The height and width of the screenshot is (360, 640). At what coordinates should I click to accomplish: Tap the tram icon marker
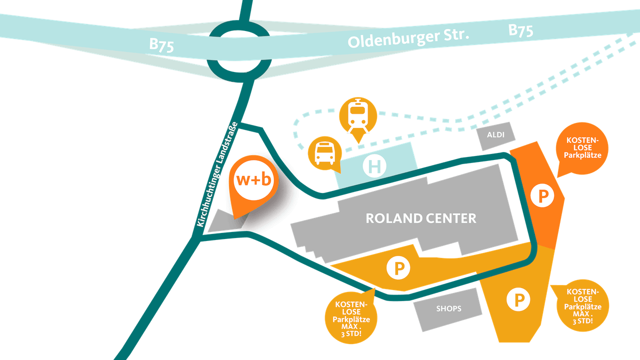pos(356,115)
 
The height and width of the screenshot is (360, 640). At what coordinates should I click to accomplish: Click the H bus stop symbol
pos(374,166)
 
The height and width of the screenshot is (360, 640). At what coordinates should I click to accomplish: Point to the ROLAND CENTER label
pos(421,218)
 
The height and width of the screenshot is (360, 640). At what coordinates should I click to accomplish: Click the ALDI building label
pos(495,135)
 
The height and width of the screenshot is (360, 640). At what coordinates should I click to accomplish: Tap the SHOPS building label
pos(448,308)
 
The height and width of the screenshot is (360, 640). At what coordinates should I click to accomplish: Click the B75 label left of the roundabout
pos(161,45)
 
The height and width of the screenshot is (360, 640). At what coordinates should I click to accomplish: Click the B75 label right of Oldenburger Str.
pos(520,30)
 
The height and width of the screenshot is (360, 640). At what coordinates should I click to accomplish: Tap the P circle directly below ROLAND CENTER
pos(398,268)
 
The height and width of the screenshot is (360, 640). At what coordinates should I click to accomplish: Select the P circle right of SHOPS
pos(518,299)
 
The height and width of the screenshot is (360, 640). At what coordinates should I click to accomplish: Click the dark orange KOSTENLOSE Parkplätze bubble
pos(582,148)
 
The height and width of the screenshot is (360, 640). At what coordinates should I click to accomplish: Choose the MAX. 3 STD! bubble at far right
pos(582,306)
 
